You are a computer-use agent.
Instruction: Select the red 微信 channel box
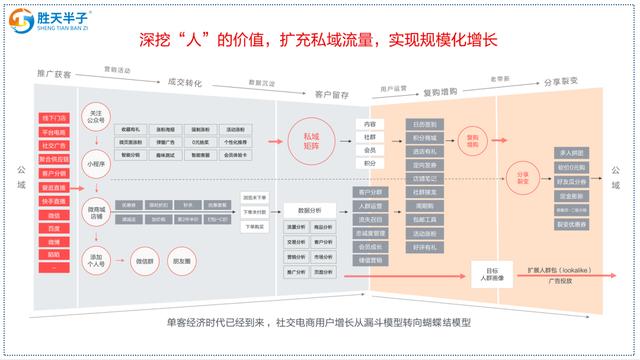(x=53, y=215)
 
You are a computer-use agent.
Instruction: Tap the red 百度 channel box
(x=53, y=228)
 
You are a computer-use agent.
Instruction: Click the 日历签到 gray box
(x=422, y=123)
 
